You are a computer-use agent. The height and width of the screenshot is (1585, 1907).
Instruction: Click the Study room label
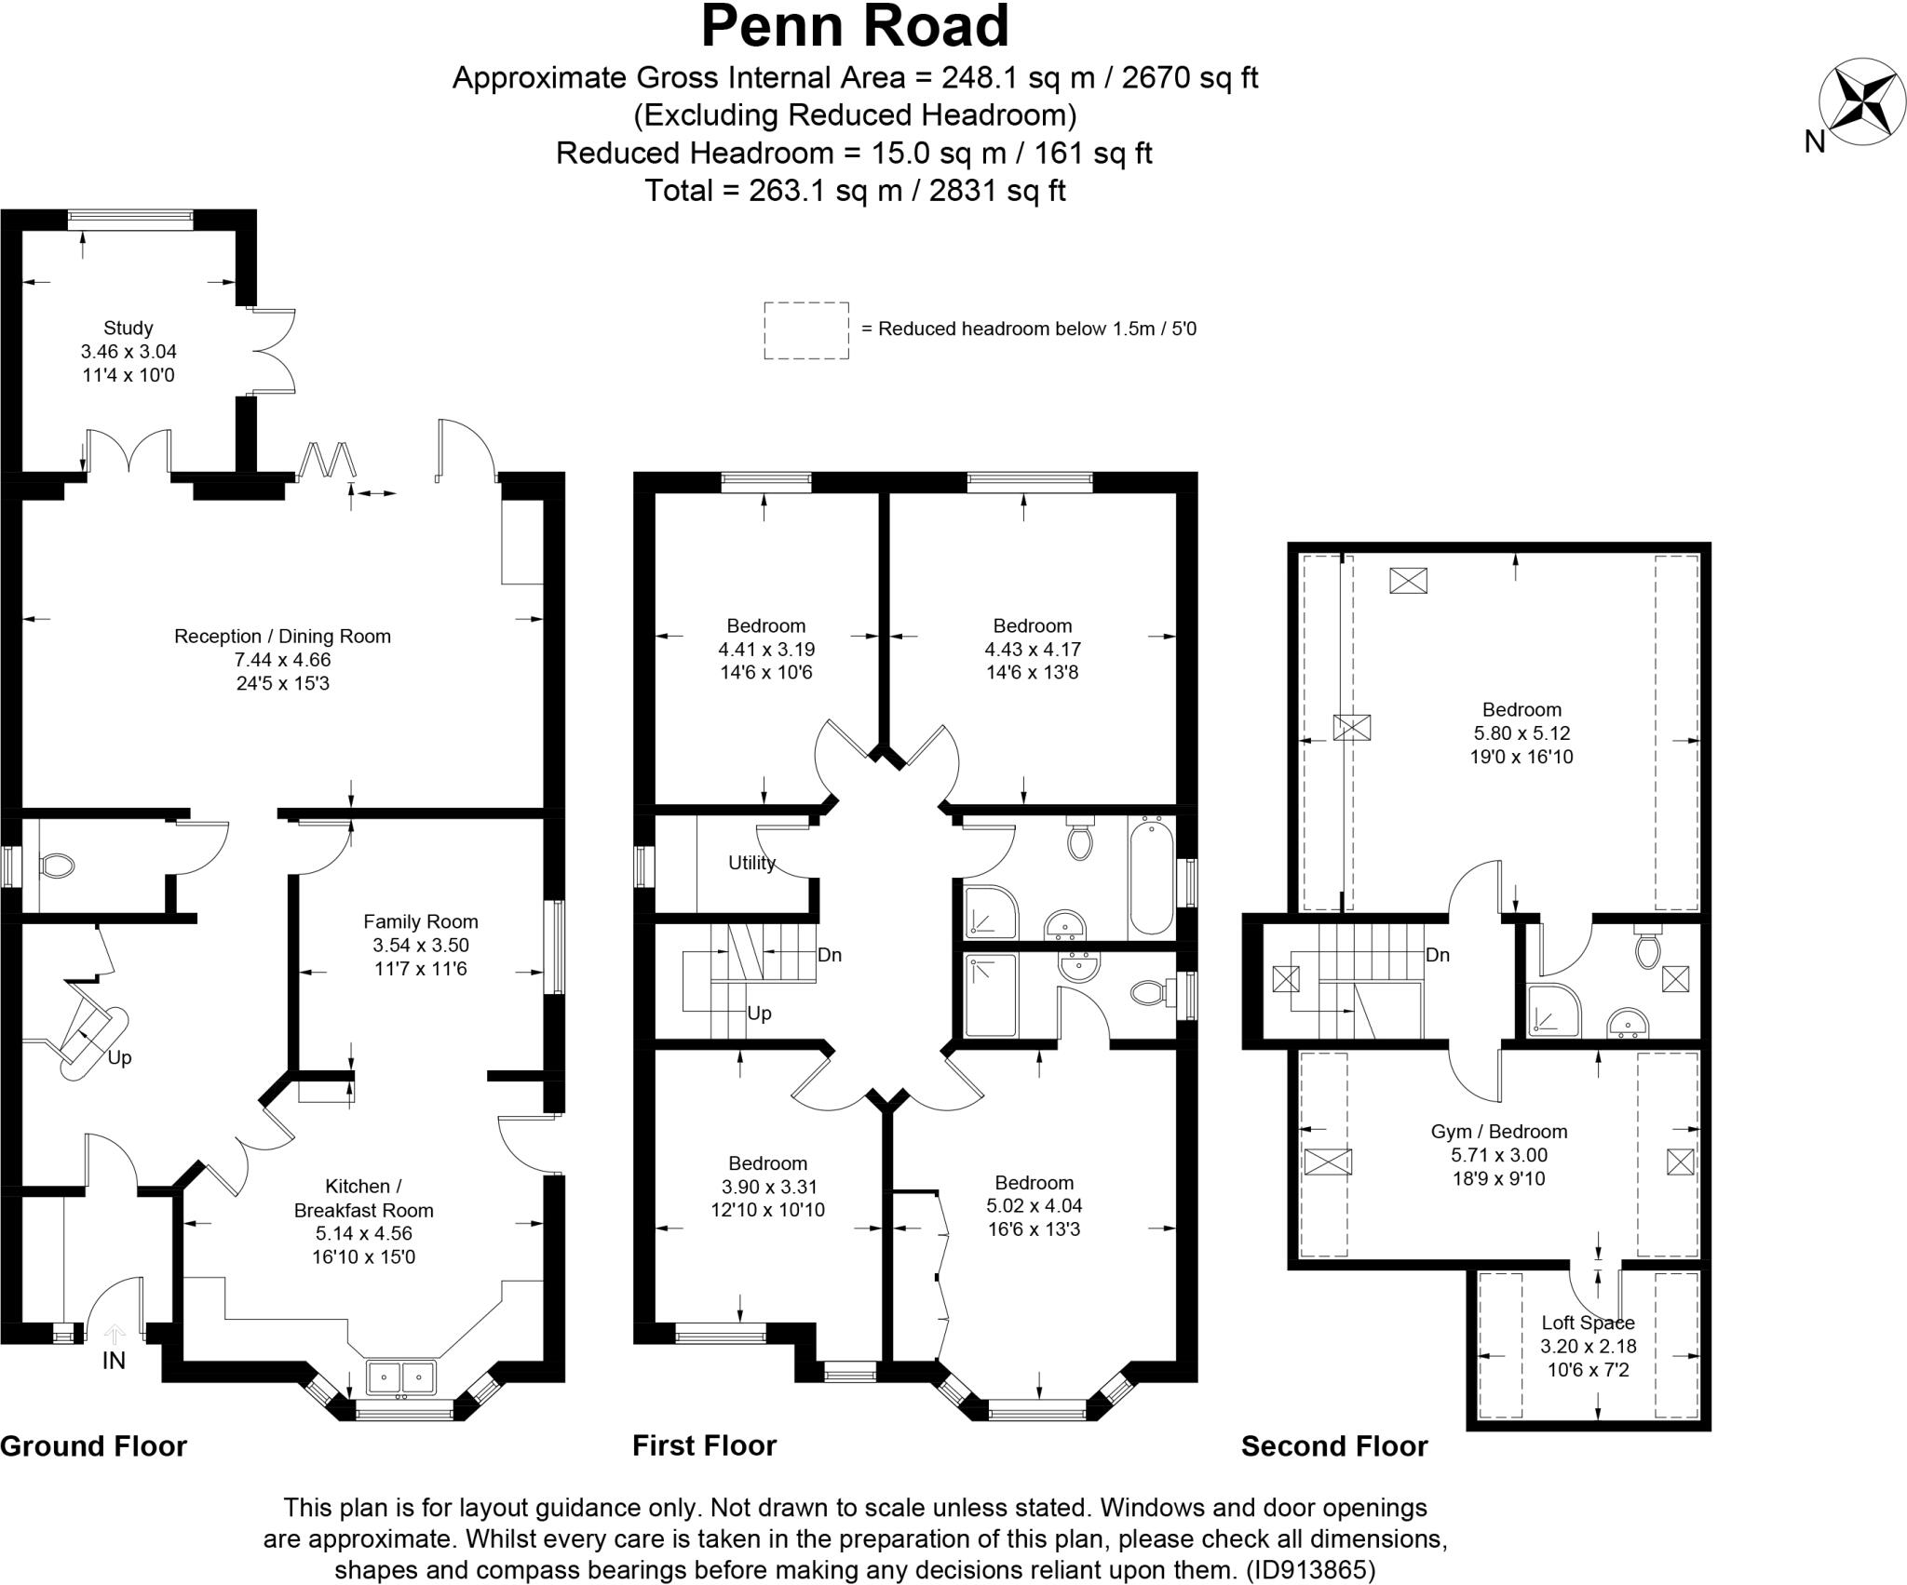[x=128, y=328]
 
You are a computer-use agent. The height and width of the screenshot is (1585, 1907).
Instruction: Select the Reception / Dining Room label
[x=282, y=637]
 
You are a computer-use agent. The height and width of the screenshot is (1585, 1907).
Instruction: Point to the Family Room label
[x=421, y=921]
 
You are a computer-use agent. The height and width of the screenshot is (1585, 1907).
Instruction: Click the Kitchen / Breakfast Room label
[x=363, y=1199]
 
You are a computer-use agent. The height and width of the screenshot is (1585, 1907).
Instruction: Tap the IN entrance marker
[x=114, y=1361]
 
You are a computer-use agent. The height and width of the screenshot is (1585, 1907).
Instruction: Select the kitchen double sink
[x=401, y=1376]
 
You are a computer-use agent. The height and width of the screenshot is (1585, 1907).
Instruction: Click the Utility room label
[x=751, y=863]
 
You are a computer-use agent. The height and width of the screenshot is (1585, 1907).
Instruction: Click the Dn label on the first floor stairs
[x=829, y=955]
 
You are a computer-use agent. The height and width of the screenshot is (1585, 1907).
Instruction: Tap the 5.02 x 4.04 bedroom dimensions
[x=1034, y=1206]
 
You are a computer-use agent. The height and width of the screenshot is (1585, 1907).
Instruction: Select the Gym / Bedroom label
[x=1499, y=1132]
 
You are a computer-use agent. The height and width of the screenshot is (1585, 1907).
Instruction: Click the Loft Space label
[x=1588, y=1323]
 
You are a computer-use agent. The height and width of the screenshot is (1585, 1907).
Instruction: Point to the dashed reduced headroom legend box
[x=806, y=330]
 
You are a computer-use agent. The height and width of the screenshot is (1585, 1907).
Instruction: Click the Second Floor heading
[x=1334, y=1446]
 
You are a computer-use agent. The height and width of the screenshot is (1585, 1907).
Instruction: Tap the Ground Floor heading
[x=94, y=1446]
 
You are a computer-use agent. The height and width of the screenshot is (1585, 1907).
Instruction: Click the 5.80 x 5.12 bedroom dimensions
[x=1522, y=733]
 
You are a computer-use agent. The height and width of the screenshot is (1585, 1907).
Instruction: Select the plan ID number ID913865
[x=1311, y=1570]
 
